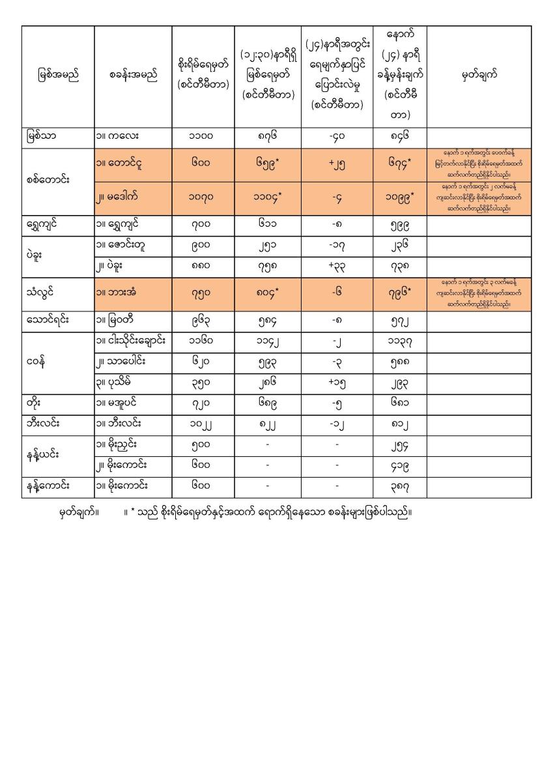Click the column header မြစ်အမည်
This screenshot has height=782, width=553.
58,76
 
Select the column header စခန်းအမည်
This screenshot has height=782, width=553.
133,76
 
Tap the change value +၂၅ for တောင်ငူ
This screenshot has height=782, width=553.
336,166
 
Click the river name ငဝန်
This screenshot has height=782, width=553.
38,360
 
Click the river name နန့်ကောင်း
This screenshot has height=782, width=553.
51,487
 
